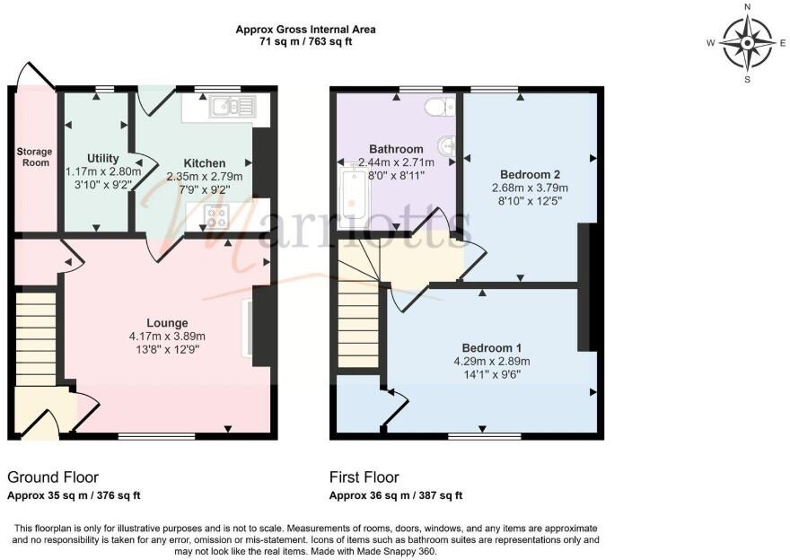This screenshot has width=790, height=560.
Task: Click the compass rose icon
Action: click(x=747, y=42)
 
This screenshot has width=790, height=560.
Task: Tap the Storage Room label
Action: click(x=35, y=158)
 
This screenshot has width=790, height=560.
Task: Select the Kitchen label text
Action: click(x=205, y=163)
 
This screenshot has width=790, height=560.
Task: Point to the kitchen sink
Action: click(x=232, y=108)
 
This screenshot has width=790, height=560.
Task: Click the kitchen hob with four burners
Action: click(x=217, y=215)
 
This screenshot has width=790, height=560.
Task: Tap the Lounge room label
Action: click(x=168, y=323)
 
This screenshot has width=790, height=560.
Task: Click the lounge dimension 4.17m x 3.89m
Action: click(x=168, y=337)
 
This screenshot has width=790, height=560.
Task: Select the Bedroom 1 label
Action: click(x=492, y=348)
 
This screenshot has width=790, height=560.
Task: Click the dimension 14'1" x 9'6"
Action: click(x=492, y=375)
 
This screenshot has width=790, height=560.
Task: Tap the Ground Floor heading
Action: click(x=53, y=477)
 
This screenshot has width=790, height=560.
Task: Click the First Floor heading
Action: click(x=364, y=477)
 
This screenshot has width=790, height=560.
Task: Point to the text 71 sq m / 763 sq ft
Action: click(x=305, y=41)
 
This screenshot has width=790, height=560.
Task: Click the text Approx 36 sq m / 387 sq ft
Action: click(x=395, y=495)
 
